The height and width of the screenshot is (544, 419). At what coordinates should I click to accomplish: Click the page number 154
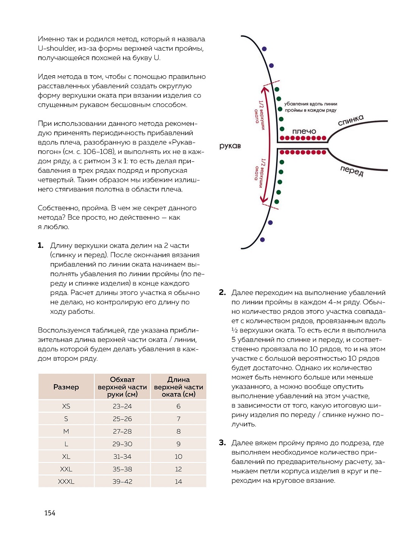click(x=50, y=513)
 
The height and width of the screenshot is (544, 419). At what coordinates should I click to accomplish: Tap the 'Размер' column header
click(x=66, y=387)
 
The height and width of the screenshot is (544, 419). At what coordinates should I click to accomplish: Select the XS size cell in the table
click(x=66, y=406)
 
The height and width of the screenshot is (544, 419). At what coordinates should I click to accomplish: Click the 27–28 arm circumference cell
click(x=122, y=431)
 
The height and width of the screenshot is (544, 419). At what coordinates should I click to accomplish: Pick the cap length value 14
click(x=178, y=482)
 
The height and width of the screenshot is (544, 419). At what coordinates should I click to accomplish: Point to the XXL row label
click(x=66, y=469)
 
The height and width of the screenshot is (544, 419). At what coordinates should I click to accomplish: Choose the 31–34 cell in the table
click(x=122, y=456)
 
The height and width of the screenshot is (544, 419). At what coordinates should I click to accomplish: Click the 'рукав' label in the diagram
click(x=230, y=146)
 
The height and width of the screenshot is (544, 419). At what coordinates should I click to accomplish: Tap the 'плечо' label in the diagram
click(x=304, y=131)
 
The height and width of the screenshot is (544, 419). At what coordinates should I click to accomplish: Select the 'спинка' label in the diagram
click(x=350, y=120)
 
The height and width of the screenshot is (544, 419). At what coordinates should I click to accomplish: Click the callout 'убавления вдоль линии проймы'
click(x=310, y=107)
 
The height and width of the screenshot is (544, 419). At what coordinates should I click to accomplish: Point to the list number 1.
click(x=40, y=246)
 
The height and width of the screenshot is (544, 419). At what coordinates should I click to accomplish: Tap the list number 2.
click(x=222, y=292)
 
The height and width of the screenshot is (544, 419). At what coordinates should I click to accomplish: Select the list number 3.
click(x=222, y=443)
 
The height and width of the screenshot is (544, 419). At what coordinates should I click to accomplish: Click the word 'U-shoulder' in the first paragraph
click(x=57, y=48)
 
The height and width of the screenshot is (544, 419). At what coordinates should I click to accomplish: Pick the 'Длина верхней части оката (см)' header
click(x=178, y=387)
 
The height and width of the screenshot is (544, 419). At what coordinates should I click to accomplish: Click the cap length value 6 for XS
click(x=178, y=406)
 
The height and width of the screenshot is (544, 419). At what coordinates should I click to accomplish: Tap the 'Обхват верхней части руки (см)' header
click(x=122, y=387)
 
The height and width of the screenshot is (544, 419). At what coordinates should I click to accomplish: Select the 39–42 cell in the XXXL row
click(x=122, y=482)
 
